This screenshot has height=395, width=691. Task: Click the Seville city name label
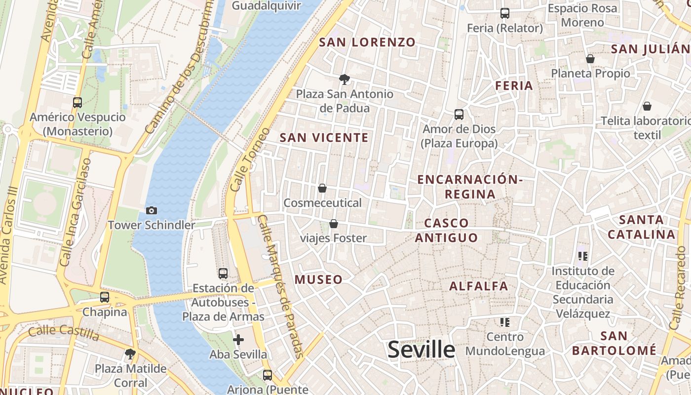coord(421,350)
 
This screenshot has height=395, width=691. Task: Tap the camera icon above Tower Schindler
coord(152,211)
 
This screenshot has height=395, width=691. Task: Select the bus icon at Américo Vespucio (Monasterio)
coord(77,103)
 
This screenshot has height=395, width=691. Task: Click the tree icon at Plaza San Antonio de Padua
coord(345,79)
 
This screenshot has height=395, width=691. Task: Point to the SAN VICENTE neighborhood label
coord(324,138)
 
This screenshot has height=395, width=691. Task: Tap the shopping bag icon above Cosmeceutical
coord(322,188)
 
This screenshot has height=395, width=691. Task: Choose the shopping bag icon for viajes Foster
coord(334,224)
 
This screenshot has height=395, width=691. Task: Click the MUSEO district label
coord(318,279)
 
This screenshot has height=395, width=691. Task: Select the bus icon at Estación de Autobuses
coord(223,273)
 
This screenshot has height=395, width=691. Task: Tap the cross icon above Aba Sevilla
coord(238,340)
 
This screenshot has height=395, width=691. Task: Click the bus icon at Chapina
coord(105,297)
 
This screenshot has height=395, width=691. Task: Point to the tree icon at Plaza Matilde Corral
coord(130,354)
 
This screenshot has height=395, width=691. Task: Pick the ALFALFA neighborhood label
coord(478,286)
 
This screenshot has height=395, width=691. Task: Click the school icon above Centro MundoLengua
coord(504,322)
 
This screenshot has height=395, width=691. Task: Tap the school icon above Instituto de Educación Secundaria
coord(583,256)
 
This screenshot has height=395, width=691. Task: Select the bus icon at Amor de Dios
coord(459,115)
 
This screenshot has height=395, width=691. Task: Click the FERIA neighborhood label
coord(514,86)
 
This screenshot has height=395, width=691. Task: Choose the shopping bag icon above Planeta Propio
coord(590,59)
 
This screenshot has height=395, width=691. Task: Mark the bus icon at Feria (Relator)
coord(505,13)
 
